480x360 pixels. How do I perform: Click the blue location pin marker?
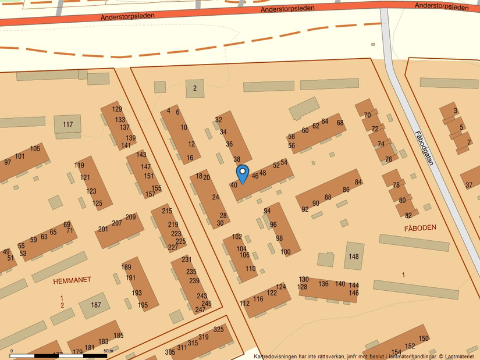pyautogui.click(x=242, y=173)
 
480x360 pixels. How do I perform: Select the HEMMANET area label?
pyautogui.click(x=72, y=280)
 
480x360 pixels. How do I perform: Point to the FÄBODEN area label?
pyautogui.click(x=420, y=229)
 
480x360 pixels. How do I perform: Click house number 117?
pyautogui.click(x=68, y=124)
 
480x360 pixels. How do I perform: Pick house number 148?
pyautogui.click(x=354, y=256)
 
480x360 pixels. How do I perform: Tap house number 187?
pyautogui.click(x=96, y=305)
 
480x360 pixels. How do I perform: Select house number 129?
pyautogui.click(x=117, y=109)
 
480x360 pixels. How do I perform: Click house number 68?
pyautogui.click(x=340, y=123)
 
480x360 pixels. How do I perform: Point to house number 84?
pyautogui.click(x=358, y=183)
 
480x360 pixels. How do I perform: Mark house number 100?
pyautogui.click(x=285, y=252)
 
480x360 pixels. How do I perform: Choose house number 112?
pyautogui.click(x=244, y=304)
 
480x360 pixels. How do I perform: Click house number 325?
pyautogui.click(x=219, y=330)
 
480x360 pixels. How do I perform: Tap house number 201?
pyautogui.click(x=103, y=229)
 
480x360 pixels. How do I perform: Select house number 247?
pyautogui.click(x=200, y=309)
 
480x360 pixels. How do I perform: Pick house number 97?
pyautogui.click(x=8, y=162)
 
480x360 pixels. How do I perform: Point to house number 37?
pyautogui.click(x=469, y=186)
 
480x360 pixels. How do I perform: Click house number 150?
pyautogui.click(x=424, y=338)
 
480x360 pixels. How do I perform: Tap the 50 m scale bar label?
pyautogui.click(x=108, y=351)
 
